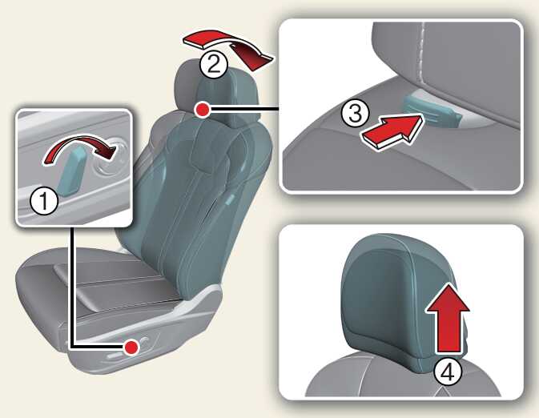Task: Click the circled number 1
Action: click(44, 202)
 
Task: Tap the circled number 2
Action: click(214, 64)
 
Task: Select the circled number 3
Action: click(356, 113)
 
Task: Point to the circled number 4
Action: click(448, 372)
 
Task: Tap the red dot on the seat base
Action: click(131, 348)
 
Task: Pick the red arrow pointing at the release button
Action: click(392, 131)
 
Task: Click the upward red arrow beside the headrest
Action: click(448, 316)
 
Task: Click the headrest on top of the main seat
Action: click(216, 93)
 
